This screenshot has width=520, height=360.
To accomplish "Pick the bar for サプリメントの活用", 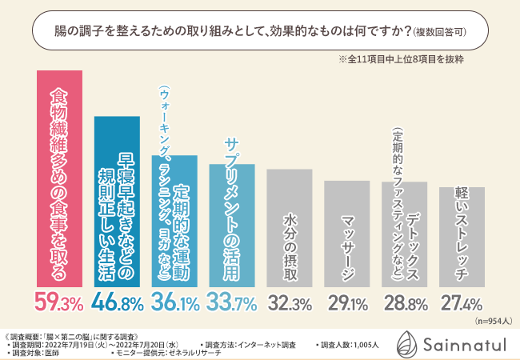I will coord(232,226).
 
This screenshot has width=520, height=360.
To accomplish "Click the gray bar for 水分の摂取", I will coord(289,228).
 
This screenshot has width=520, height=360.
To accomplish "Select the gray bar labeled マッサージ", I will coord(346,234).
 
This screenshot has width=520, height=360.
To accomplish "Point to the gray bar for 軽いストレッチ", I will coord(462,237).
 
